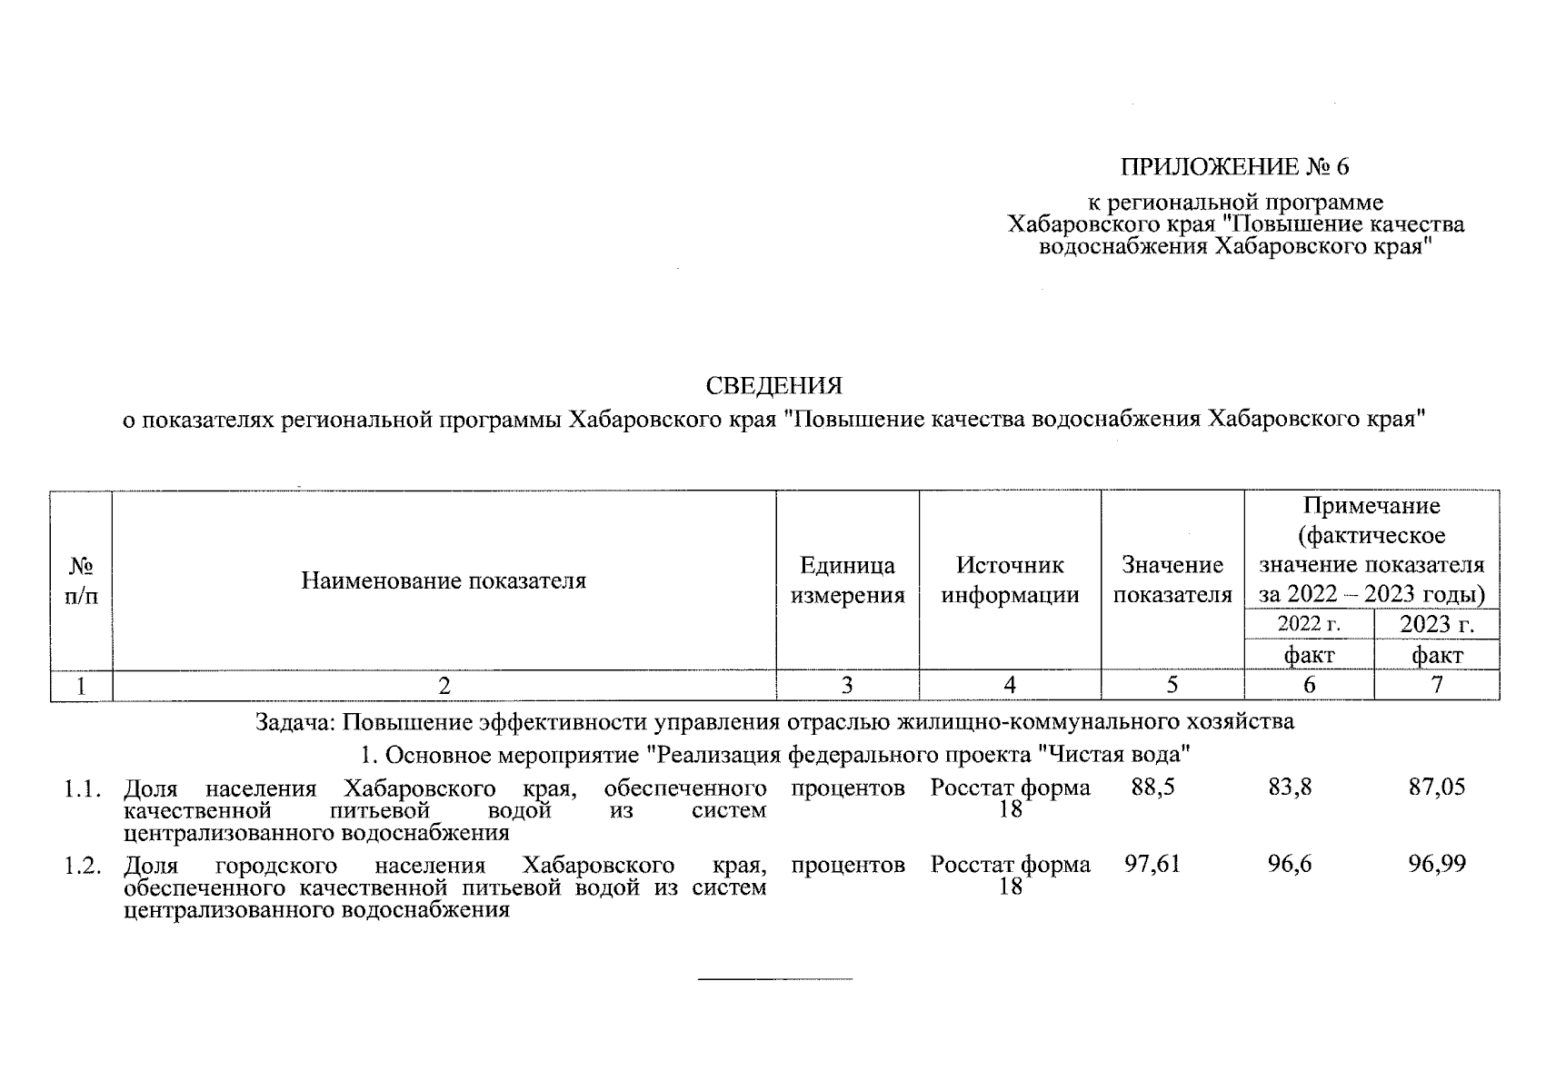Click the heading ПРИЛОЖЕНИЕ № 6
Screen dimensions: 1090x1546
tap(1235, 167)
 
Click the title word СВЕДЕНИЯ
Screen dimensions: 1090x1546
tap(773, 386)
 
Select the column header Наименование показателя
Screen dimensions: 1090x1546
tap(444, 580)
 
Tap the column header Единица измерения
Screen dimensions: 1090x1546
tap(847, 580)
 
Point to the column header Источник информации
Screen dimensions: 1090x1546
tap(1010, 580)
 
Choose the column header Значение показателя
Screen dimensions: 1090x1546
tap(1172, 580)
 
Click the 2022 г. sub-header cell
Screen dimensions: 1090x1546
tap(1309, 624)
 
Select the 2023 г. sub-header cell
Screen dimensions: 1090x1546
tap(1436, 624)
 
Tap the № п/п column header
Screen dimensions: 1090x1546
tap(81, 580)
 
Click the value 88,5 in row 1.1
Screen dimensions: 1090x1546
tap(1152, 788)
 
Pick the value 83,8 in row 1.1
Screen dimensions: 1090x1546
tap(1290, 788)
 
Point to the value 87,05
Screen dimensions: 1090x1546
tap(1437, 788)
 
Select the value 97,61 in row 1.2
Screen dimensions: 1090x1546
tap(1152, 865)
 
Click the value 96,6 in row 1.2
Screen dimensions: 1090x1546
tap(1290, 865)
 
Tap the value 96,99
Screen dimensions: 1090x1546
tap(1437, 865)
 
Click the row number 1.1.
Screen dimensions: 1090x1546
tap(81, 788)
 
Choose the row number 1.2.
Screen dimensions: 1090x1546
tap(81, 865)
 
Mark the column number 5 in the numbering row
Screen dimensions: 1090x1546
tap(1172, 686)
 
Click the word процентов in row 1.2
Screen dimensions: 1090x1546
tap(847, 865)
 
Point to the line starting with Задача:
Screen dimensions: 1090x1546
tap(773, 723)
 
